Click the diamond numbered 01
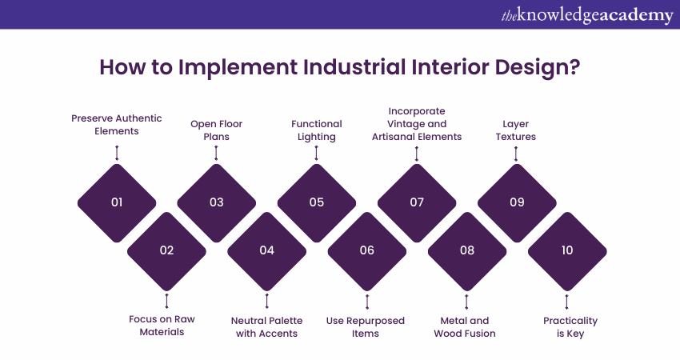coord(117,202)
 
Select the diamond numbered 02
coord(166,250)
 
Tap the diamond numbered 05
coord(317,202)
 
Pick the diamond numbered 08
coord(467,250)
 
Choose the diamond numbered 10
coord(567,250)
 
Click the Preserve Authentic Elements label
coord(117,124)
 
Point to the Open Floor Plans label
coord(216,130)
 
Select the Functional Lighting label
coord(316,130)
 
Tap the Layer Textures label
coord(516,130)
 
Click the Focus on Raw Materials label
coord(166,326)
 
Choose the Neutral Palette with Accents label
coord(266,326)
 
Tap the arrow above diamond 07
coord(417,154)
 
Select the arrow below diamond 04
coord(266,302)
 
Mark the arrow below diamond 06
coord(366,302)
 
